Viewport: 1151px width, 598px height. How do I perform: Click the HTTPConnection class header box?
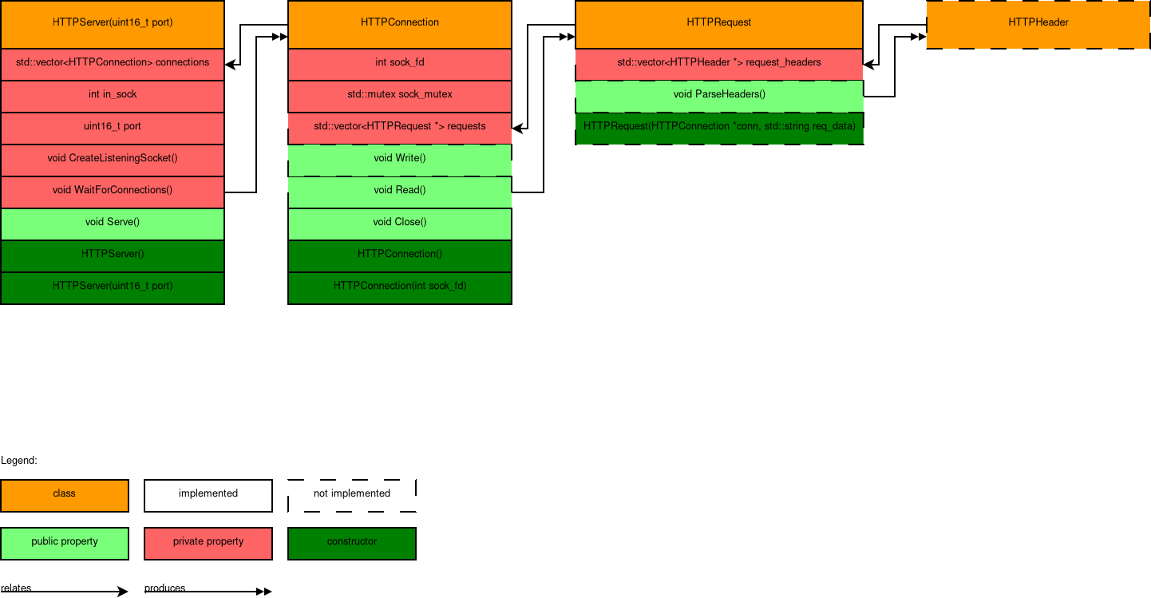tap(399, 23)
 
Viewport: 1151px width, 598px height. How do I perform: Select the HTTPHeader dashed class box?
tap(1038, 23)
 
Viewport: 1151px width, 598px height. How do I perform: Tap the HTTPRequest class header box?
tap(718, 23)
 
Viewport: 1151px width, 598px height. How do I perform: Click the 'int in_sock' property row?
tap(113, 95)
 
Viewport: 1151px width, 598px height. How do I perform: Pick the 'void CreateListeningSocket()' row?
tap(113, 159)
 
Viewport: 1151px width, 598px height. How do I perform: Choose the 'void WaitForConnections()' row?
tap(113, 191)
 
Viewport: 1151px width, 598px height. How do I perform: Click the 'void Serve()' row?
tap(113, 223)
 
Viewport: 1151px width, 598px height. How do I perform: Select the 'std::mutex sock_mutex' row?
tap(399, 95)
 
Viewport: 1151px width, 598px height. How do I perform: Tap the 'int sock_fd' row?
tap(399, 63)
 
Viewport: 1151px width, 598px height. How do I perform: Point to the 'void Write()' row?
tap(399, 159)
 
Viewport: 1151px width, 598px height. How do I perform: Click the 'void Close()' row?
tap(399, 223)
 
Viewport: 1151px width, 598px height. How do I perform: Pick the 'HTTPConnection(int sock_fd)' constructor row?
tap(399, 287)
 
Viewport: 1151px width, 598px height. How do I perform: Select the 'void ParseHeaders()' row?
tap(718, 95)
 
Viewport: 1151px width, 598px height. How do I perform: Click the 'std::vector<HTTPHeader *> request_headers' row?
tap(718, 63)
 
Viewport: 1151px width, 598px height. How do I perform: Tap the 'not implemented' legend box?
tap(352, 495)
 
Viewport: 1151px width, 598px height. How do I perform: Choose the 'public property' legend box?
tap(65, 543)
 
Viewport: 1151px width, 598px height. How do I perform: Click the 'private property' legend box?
tap(208, 543)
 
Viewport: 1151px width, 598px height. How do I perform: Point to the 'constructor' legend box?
tap(352, 543)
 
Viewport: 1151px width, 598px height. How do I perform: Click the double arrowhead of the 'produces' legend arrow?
tap(264, 592)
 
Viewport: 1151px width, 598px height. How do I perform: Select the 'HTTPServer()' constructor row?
tap(113, 255)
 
